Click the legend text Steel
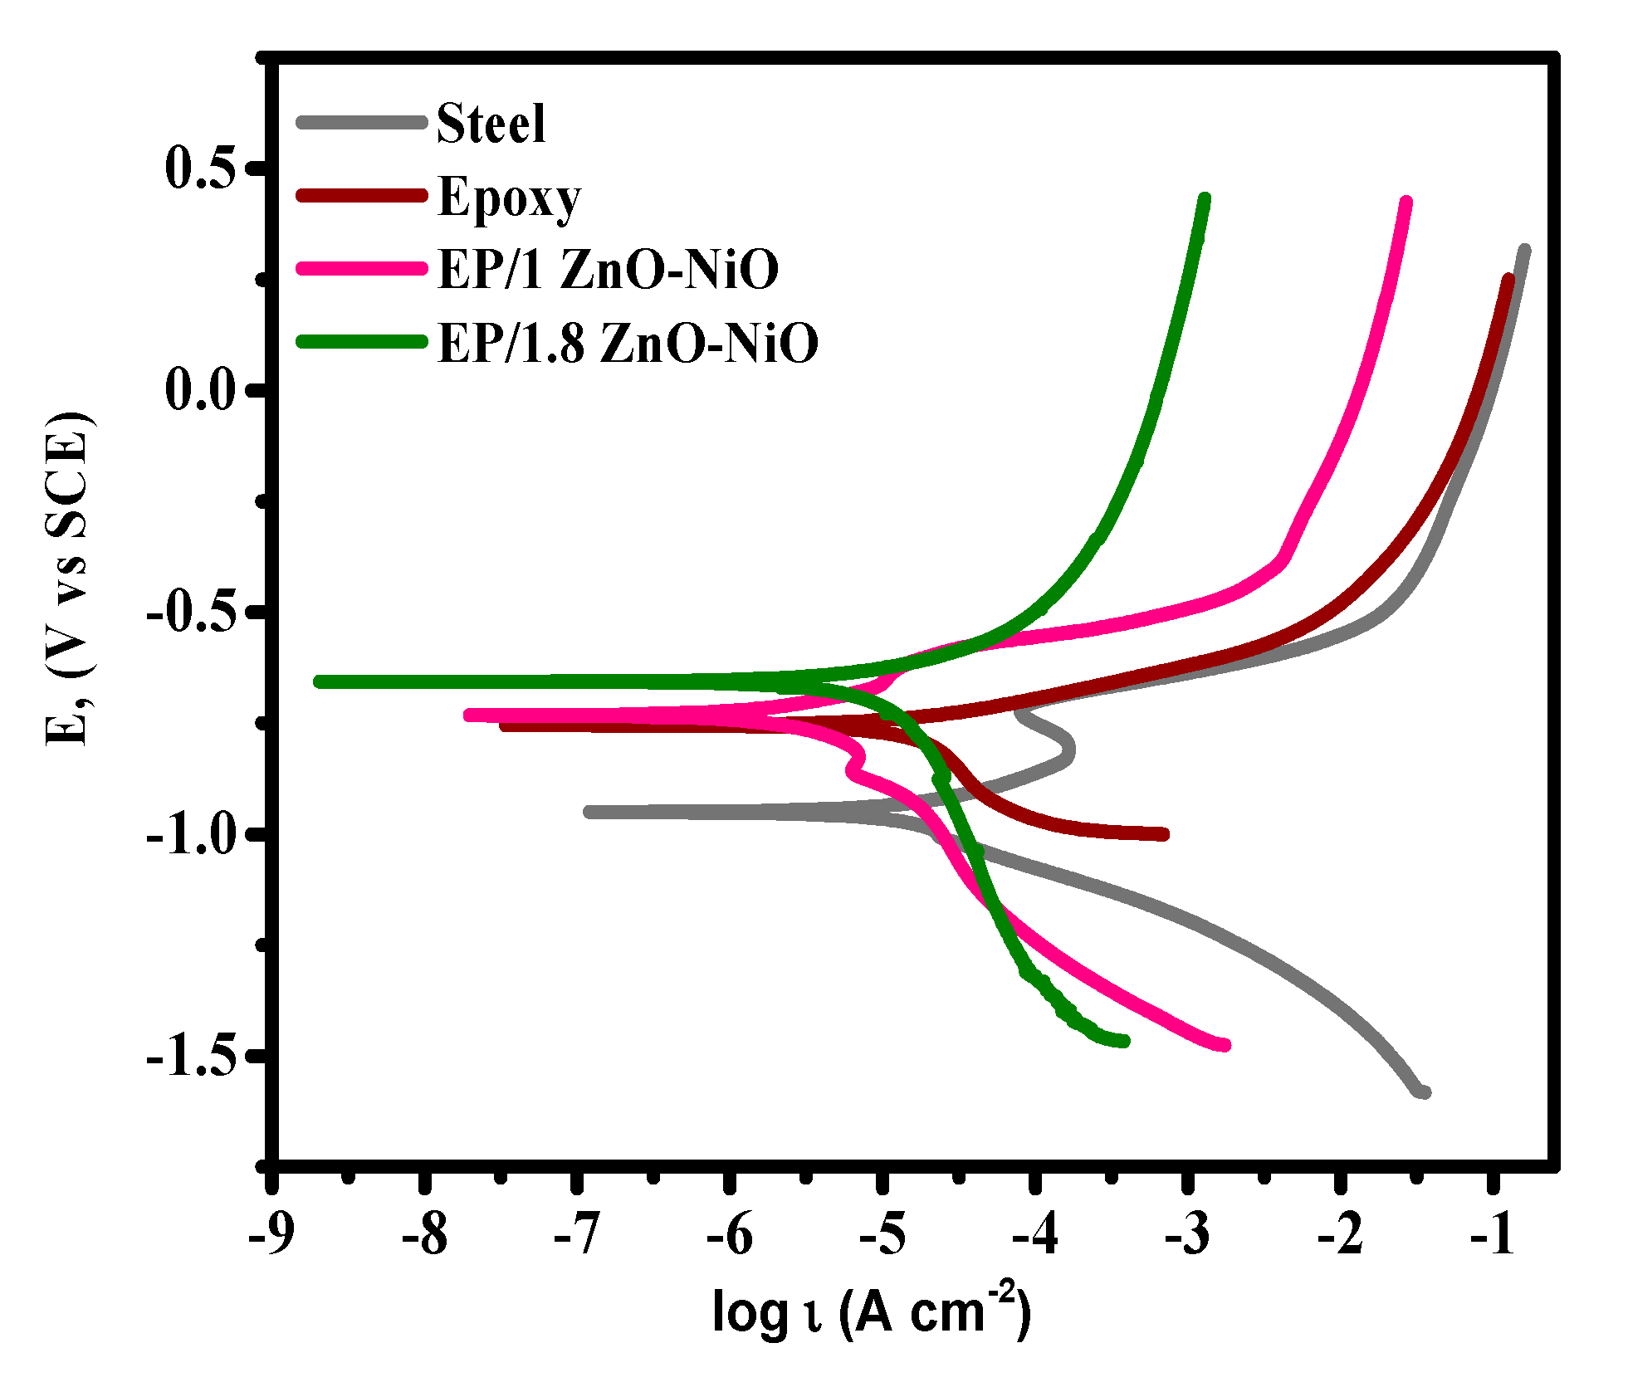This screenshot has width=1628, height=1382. tap(491, 124)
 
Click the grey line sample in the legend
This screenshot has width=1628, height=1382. tap(362, 123)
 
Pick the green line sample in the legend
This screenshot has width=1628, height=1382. tap(362, 341)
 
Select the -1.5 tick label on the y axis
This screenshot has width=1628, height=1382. tap(193, 1057)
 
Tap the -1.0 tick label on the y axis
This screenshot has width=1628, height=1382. tap(193, 833)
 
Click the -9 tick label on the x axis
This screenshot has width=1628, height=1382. tap(271, 1234)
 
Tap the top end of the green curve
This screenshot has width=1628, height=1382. tap(1205, 199)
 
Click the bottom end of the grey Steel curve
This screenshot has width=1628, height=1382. tap(1425, 1092)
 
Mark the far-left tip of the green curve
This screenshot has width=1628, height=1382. tap(319, 681)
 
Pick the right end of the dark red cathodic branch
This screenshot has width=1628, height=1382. tap(1164, 834)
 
